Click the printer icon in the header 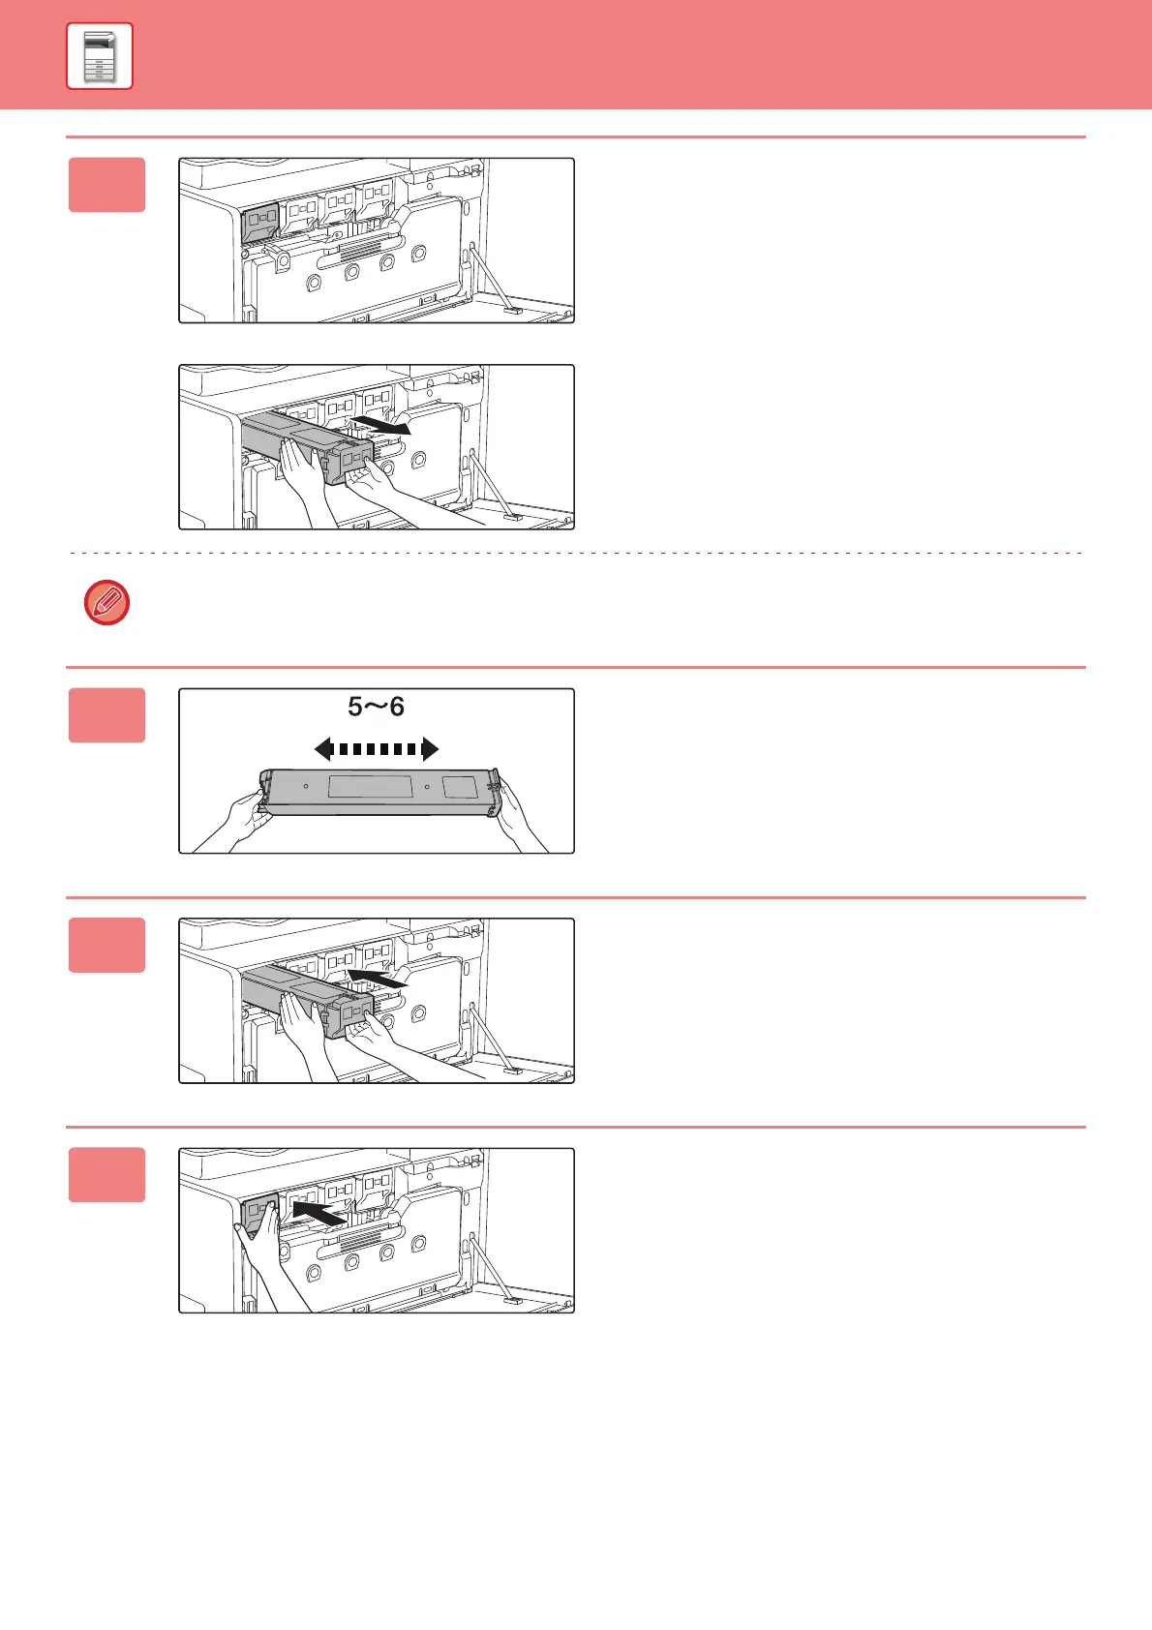(x=100, y=56)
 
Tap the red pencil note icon (x=107, y=602)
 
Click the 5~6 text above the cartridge (x=376, y=707)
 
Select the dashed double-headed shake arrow (x=377, y=749)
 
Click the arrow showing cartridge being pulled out (x=380, y=425)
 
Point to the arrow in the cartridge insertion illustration (x=377, y=978)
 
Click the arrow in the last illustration (x=318, y=1212)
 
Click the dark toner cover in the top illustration (x=259, y=222)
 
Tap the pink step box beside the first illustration (x=107, y=185)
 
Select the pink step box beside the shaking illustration (x=107, y=715)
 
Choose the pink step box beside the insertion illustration (x=107, y=946)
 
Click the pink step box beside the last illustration (x=107, y=1174)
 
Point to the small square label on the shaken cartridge (x=460, y=787)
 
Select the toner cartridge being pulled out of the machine (x=307, y=444)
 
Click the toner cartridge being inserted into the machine (x=307, y=998)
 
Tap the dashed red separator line (x=576, y=553)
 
